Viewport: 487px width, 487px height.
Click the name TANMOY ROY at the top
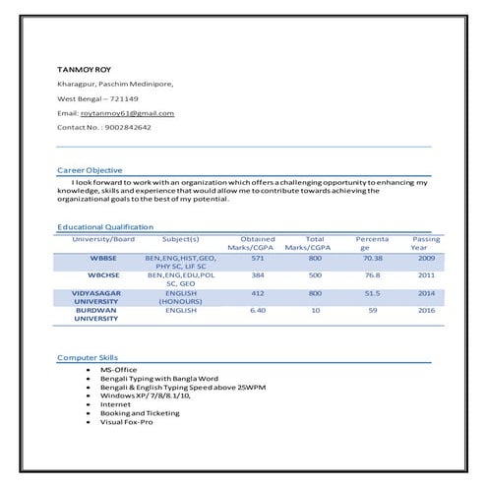[x=84, y=69]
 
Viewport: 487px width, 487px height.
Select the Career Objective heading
[x=90, y=170]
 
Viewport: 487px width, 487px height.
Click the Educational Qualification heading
[x=105, y=227]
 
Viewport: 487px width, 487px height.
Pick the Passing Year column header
[x=426, y=243]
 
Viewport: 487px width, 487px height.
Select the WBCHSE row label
[x=103, y=274]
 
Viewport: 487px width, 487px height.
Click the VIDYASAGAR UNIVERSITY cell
[x=96, y=296]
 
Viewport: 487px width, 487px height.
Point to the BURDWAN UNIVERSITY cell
[x=96, y=314]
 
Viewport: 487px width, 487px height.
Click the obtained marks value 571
[x=258, y=257]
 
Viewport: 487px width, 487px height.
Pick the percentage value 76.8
[x=372, y=274]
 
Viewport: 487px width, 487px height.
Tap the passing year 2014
[x=426, y=292]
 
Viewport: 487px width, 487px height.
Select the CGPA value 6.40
[x=258, y=310]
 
